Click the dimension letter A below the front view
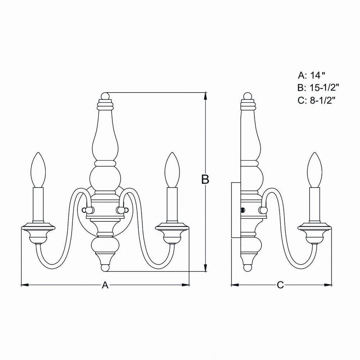(x=105, y=285)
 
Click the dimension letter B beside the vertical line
(x=205, y=179)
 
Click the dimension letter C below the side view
(x=280, y=285)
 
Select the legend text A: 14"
(x=312, y=75)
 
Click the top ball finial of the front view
(x=105, y=96)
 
